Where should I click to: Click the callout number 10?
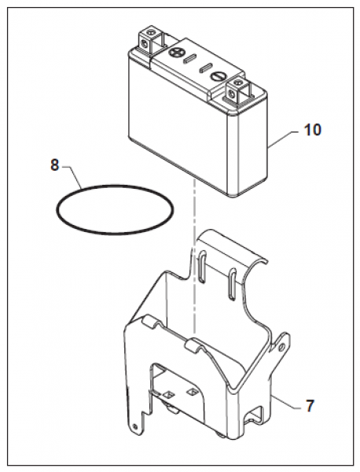point(313,130)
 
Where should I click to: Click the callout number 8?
point(54,165)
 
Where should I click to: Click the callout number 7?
point(310,405)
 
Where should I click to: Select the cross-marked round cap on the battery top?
point(174,53)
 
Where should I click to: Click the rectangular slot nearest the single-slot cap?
point(205,68)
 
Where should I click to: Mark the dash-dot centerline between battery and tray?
point(195,256)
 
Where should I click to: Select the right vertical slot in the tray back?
point(232,284)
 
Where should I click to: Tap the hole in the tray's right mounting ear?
point(281,348)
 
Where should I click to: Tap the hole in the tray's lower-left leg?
point(134,426)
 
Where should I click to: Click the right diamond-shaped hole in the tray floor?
point(191,392)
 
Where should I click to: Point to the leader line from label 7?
point(285,402)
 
